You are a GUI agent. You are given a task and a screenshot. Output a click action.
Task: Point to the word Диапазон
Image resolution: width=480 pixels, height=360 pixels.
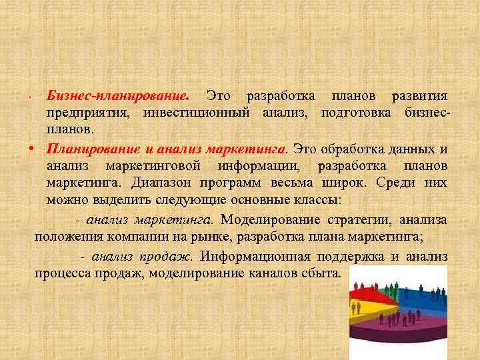tap(161, 183)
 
